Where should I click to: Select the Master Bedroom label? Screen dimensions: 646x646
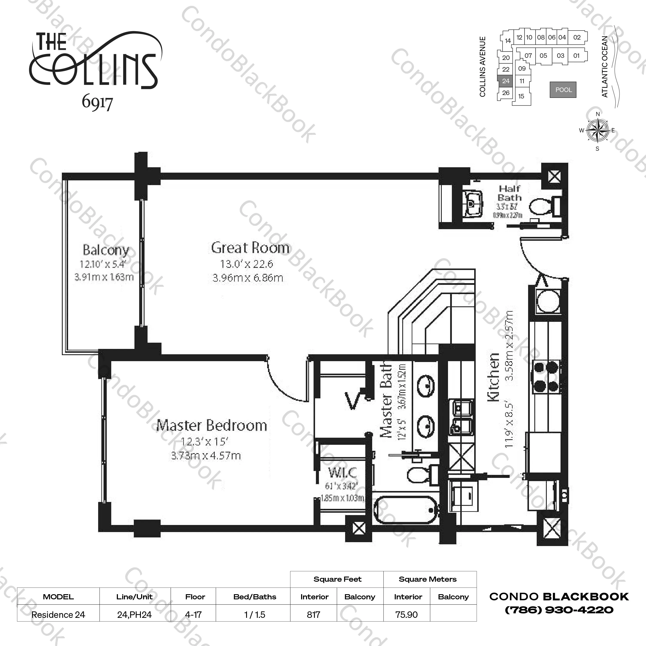[x=212, y=426]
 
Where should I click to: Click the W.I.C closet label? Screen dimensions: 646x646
[x=342, y=472]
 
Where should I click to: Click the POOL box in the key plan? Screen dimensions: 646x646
[x=563, y=90]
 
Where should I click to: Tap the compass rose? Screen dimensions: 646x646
[x=597, y=130]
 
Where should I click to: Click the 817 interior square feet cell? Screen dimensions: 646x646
[x=314, y=615]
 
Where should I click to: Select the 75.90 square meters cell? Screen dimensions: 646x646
[x=407, y=615]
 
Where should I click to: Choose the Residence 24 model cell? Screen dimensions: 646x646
[x=58, y=615]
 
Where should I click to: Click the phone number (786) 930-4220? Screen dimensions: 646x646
[x=559, y=610]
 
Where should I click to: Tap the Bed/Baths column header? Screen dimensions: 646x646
[x=254, y=597]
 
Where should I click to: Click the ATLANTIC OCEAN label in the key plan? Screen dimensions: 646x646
[x=605, y=67]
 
